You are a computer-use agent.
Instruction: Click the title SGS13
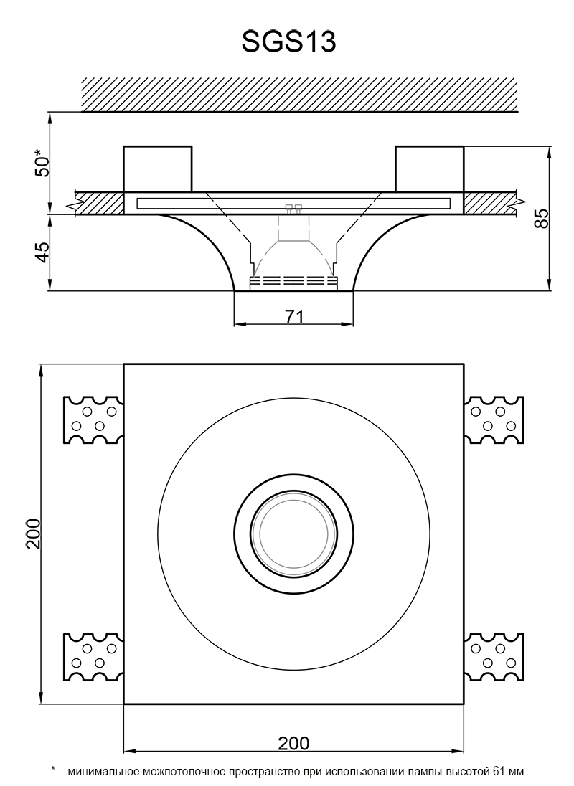[x=288, y=42]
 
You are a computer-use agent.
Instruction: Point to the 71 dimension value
[x=294, y=316]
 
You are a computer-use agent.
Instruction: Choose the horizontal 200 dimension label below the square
[x=293, y=743]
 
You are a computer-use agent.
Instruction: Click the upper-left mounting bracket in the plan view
[x=93, y=419]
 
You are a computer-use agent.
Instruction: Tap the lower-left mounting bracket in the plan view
[x=93, y=656]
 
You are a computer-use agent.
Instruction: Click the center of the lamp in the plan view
[x=293, y=534]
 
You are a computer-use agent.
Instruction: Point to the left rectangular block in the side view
[x=158, y=169]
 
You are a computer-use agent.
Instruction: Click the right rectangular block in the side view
[x=429, y=169]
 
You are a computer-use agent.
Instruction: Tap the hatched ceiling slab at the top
[x=299, y=94]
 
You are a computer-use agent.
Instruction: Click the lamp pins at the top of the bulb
[x=293, y=208]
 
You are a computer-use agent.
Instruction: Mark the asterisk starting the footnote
[x=53, y=771]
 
